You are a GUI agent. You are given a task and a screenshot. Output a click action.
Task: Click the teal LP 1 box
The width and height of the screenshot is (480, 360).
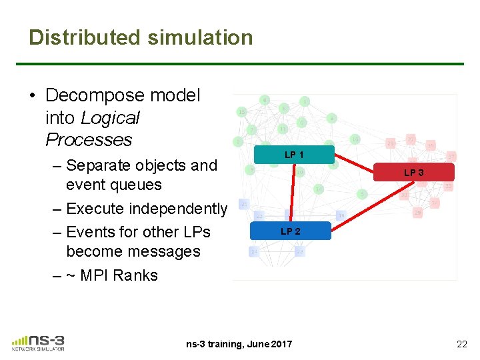coord(294,155)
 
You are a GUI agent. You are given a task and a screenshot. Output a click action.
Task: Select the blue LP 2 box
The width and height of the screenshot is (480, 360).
coord(290,231)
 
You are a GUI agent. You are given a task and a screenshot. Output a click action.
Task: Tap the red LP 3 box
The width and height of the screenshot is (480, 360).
coord(413,173)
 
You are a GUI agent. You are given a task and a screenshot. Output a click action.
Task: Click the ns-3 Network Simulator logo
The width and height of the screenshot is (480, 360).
coord(38,342)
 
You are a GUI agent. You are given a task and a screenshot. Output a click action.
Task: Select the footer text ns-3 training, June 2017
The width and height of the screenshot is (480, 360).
coord(239,344)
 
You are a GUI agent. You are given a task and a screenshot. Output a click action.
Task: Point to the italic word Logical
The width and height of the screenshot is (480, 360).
coord(109,118)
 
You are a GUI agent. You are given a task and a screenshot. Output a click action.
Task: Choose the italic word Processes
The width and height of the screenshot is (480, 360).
coord(89,140)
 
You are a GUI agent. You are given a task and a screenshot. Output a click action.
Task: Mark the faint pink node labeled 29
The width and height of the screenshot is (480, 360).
coord(418,212)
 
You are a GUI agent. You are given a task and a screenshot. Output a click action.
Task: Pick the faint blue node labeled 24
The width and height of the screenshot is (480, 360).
coord(254,251)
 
